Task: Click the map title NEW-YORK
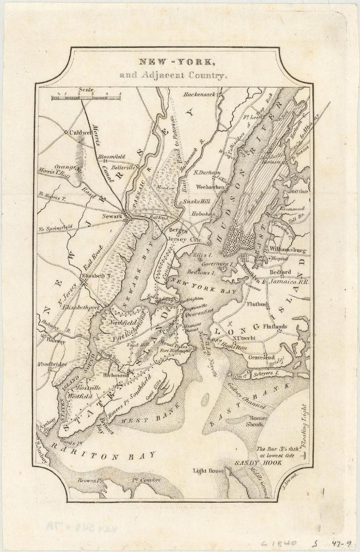click(x=177, y=63)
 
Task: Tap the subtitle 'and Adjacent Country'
click(x=173, y=77)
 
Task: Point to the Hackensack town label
click(x=199, y=94)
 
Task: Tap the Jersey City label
click(x=184, y=241)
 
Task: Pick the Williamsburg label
click(x=287, y=249)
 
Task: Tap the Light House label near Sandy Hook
click(x=209, y=471)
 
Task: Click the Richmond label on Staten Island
click(x=115, y=375)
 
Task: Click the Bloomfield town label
click(x=112, y=157)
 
